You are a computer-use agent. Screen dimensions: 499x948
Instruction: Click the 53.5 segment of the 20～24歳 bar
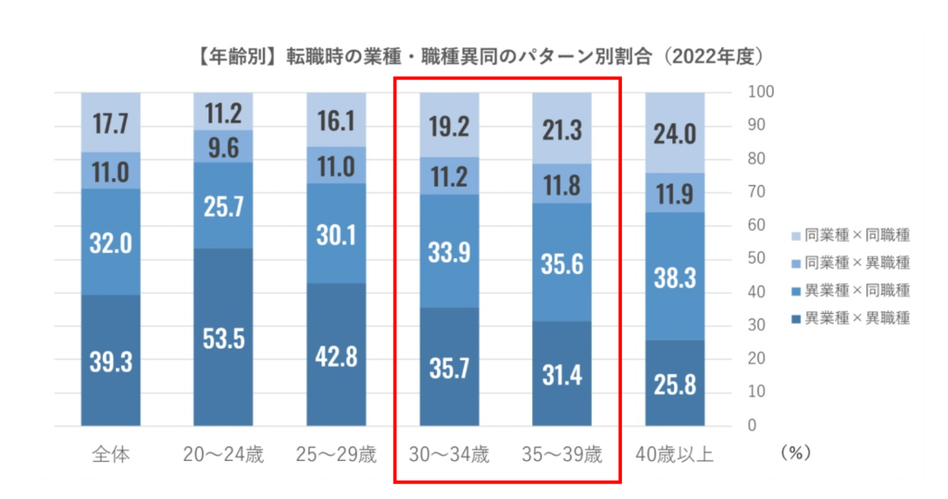point(224,337)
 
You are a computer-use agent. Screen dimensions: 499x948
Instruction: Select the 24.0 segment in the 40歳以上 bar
point(675,132)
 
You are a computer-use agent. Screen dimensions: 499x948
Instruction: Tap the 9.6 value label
point(224,145)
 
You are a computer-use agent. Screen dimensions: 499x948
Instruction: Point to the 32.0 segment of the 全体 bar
point(111,243)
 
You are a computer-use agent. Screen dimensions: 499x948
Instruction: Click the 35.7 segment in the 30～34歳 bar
point(450,367)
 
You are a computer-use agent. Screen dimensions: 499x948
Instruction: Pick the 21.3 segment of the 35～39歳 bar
point(562,130)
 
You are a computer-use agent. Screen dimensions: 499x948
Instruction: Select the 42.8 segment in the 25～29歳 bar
point(337,356)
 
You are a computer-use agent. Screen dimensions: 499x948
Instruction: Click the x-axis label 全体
point(111,455)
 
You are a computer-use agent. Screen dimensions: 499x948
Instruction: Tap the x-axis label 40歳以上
point(675,455)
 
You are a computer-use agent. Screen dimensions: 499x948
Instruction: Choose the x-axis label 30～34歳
point(450,455)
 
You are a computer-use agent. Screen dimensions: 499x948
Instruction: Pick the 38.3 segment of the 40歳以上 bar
point(675,276)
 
